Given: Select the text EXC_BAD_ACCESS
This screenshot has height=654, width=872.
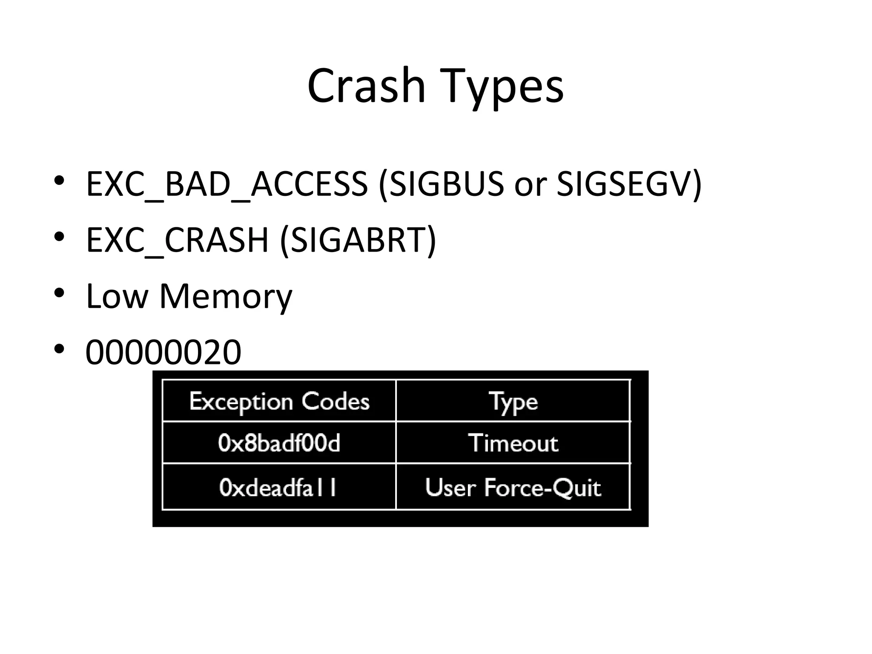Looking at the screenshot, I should (x=227, y=184).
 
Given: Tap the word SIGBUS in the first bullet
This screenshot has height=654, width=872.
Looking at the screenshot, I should (x=445, y=184).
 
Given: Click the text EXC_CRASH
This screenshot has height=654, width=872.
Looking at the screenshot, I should (x=177, y=240).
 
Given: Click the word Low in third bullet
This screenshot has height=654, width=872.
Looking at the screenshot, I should (x=116, y=296).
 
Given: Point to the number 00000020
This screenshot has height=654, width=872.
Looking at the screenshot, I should (x=163, y=352).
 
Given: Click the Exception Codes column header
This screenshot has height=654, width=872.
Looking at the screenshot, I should (x=279, y=401).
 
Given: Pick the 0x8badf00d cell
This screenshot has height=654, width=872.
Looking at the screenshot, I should (x=279, y=443).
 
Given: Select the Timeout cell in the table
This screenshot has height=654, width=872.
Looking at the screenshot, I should (x=513, y=443).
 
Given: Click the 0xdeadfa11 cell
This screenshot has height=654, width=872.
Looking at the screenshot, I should (x=278, y=487).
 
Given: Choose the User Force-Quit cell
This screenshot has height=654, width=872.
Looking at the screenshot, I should (x=513, y=487).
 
